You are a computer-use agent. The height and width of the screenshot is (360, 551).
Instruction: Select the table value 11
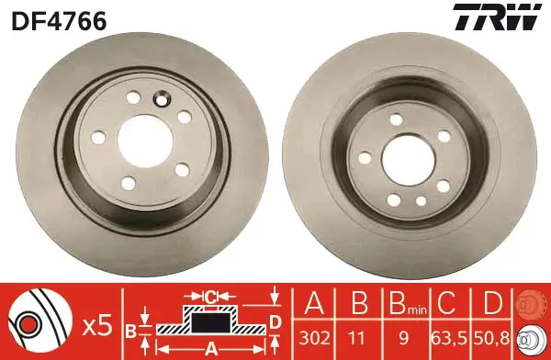(x=357, y=336)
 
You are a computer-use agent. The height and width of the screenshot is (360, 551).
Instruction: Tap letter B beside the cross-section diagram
(x=130, y=330)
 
